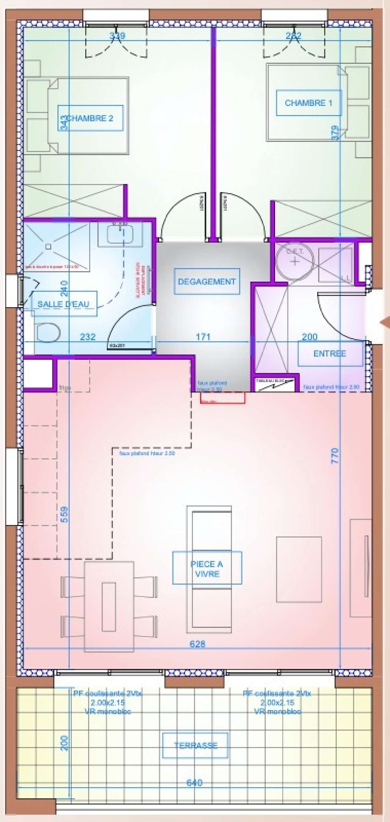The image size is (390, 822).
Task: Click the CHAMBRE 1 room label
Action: coord(308,103)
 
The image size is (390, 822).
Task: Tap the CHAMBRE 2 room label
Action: coord(90,118)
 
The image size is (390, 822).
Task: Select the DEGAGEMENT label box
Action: coord(207,281)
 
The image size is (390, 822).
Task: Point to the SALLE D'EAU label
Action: coord(64,304)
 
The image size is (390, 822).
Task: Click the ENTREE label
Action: coord(330,353)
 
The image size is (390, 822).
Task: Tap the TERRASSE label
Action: coord(195,745)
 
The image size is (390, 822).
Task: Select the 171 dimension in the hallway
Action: coord(203,337)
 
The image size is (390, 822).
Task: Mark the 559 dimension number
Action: coord(64,514)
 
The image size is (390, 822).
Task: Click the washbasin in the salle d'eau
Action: coord(120,235)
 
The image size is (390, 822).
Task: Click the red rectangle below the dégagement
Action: coord(222,398)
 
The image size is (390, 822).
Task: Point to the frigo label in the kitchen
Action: coord(65,388)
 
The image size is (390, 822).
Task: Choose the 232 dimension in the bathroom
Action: coord(88,337)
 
